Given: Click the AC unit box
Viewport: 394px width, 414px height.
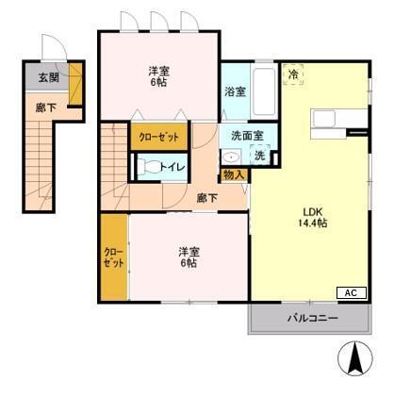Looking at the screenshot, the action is pos(352,292).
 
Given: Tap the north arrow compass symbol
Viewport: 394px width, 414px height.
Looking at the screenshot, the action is pos(355,358).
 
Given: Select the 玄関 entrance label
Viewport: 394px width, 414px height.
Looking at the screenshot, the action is pos(49,77).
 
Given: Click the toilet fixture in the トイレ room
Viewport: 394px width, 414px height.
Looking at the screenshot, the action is pos(148,166).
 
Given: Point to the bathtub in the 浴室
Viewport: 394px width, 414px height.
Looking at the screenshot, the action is pos(264,91).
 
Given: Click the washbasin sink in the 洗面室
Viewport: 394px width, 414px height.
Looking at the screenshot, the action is pos(231,157).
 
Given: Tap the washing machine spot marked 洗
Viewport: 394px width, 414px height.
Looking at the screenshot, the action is pos(260,155).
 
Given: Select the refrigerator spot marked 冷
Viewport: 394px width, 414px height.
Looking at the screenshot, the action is pos(293,75).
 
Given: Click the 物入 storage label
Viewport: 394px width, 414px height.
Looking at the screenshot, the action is pos(234,175).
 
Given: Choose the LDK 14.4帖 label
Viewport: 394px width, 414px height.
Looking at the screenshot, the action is pos(313,217).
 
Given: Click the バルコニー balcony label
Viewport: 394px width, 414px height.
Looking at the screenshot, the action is pos(313,318).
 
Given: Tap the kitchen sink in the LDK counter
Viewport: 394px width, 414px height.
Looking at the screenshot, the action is pos(323,119).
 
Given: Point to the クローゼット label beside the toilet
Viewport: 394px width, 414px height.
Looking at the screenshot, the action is pos(159,138).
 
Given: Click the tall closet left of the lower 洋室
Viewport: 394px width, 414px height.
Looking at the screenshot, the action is pos(114,257).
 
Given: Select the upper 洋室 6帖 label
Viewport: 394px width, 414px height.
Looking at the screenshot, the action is pos(159,76).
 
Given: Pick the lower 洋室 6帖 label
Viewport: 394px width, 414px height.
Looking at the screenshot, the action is pos(189,257).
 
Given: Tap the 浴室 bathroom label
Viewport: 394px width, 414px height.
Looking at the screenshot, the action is pos(235,91).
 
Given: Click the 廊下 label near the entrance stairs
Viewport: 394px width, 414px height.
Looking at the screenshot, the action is pos(46,108).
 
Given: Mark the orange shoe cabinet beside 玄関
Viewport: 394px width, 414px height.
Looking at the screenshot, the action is pos(75,84).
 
